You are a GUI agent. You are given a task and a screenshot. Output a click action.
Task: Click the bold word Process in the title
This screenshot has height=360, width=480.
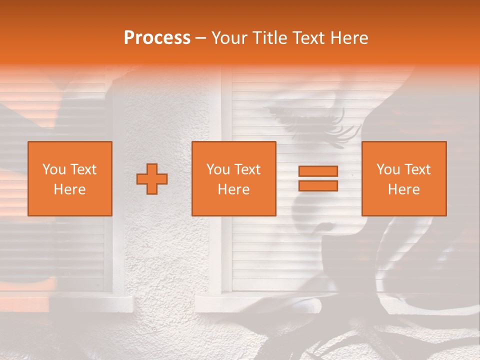[157, 38]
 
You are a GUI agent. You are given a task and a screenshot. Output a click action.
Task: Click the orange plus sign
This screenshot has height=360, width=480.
[152, 179]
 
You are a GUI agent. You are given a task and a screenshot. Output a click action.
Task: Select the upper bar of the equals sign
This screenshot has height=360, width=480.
[318, 171]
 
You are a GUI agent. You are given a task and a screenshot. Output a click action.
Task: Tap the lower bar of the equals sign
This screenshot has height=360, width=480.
[318, 186]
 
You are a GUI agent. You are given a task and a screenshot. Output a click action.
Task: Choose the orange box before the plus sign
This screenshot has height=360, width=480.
[70, 178]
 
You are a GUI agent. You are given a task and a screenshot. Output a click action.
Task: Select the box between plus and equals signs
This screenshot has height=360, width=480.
[233, 178]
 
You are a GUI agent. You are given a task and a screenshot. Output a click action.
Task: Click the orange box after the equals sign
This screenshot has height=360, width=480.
[403, 178]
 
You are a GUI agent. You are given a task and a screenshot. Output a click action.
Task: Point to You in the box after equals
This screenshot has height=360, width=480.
[388, 169]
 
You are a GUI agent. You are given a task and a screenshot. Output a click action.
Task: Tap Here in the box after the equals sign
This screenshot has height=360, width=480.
[403, 189]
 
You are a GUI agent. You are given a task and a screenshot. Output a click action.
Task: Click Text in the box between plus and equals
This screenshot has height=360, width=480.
[247, 169]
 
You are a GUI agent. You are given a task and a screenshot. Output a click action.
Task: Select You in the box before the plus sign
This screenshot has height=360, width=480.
[54, 169]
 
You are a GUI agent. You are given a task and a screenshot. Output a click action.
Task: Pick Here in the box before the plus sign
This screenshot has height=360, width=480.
[70, 189]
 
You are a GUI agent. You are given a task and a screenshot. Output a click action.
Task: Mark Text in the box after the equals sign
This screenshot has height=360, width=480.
[417, 169]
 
